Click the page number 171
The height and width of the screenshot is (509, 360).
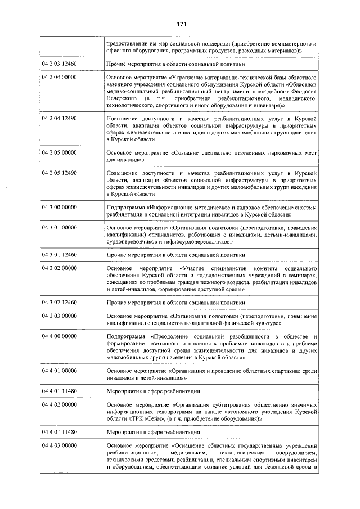pos(181,24)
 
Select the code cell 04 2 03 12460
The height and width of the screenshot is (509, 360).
pos(59,64)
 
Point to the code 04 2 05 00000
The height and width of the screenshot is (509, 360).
pos(59,152)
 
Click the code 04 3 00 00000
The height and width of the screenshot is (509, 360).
pos(59,206)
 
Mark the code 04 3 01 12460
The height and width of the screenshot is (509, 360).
pos(59,254)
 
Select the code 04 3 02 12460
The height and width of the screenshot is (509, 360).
pos(59,302)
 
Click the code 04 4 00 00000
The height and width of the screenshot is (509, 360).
pos(59,336)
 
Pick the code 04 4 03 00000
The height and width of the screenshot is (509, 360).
pos(59,445)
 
